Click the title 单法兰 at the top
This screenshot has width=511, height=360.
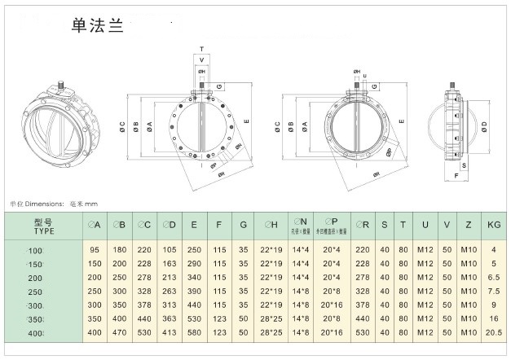97,25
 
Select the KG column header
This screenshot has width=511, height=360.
492,225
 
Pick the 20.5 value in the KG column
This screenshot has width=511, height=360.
492,334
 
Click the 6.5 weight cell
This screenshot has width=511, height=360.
492,277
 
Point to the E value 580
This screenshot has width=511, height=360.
193,334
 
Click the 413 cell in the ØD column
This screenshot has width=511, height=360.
169,334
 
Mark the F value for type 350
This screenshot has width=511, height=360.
218,319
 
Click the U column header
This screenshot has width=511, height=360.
425,225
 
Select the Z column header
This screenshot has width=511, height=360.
468,225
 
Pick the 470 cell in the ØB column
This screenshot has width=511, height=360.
120,334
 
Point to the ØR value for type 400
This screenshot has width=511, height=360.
363,334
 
